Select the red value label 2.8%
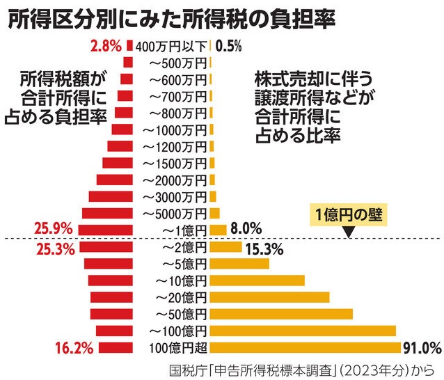click(106, 47)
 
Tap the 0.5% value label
click(228, 47)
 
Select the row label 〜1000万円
click(174, 129)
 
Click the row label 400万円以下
click(172, 47)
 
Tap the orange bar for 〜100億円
click(303, 331)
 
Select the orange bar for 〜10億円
click(257, 280)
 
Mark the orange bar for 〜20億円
click(269, 297)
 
